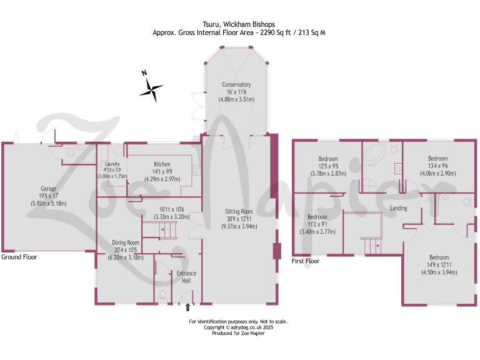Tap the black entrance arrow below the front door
click(x=188, y=307)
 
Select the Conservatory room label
click(x=236, y=84)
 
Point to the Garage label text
click(x=49, y=188)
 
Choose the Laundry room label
click(x=112, y=164)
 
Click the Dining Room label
click(x=126, y=242)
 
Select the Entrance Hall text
click(x=186, y=277)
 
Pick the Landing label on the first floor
click(x=399, y=208)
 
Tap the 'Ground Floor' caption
click(x=19, y=257)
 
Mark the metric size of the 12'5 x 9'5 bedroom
click(x=328, y=173)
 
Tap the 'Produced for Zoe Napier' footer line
click(x=239, y=333)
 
